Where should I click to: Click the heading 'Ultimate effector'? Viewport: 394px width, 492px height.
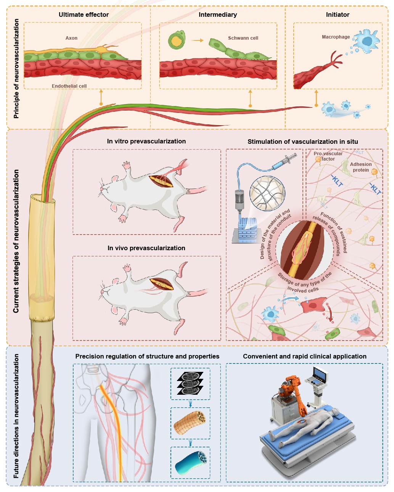pos(84,14)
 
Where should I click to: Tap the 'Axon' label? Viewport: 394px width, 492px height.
pos(71,38)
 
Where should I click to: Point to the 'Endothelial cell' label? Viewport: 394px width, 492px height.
pos(69,86)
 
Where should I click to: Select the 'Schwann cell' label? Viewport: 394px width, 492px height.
pos(243,38)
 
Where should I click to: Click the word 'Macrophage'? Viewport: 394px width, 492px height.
pos(336,37)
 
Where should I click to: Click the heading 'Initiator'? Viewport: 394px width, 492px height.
pos(338,14)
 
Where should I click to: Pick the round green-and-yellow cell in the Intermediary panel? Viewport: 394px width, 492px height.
pos(176,40)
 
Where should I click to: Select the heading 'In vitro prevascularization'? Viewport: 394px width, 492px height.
pos(146,141)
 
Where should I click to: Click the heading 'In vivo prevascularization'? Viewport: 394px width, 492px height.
pos(146,248)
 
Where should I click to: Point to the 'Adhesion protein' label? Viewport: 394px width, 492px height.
pos(361,167)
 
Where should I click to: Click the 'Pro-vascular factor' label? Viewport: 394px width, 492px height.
pos(328,156)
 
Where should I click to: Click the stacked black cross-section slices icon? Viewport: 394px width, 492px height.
pos(190,383)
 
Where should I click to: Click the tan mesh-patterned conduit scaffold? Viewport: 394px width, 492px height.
pos(190,423)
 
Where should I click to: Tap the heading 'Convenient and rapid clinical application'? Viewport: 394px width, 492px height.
pos(304,356)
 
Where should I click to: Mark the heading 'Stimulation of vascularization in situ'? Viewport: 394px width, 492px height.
pos(302,141)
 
